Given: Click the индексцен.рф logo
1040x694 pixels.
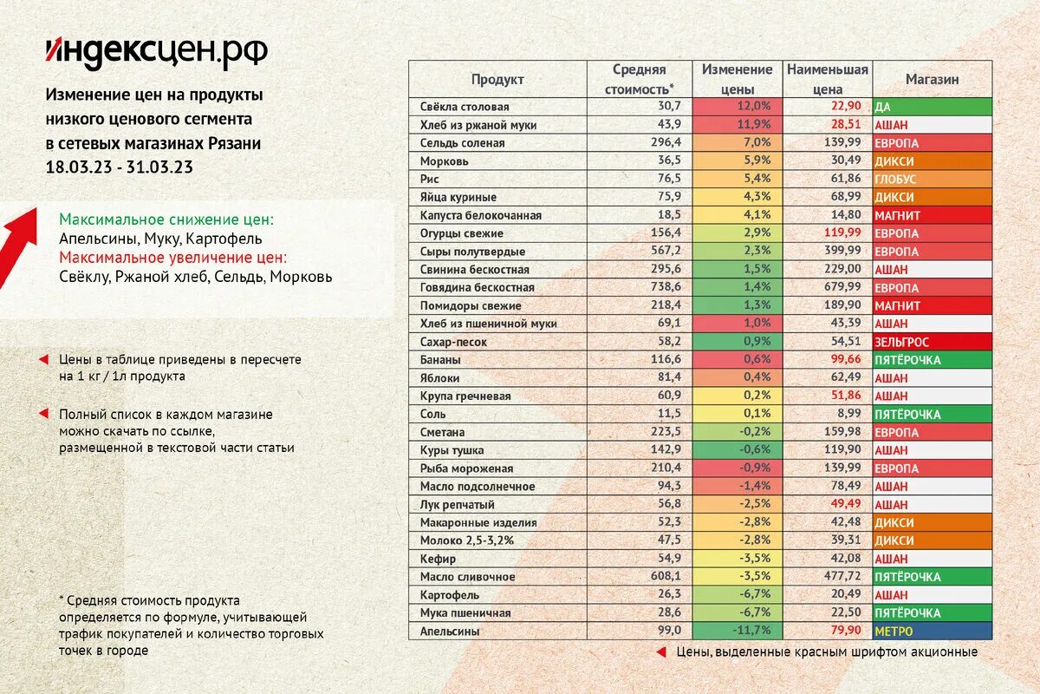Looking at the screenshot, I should point(157,53).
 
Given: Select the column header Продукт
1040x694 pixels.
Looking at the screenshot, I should point(497,80).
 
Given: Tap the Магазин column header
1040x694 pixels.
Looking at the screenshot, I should point(933,80).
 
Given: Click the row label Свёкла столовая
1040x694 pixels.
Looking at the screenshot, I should point(465,107).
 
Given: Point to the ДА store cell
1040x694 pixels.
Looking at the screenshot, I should point(933,107).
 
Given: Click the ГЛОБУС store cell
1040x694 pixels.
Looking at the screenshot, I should point(933,179).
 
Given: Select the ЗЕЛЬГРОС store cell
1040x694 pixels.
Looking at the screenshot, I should point(933,342).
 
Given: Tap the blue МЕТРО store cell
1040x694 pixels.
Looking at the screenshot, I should point(933,632).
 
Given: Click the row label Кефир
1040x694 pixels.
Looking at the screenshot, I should point(439,559).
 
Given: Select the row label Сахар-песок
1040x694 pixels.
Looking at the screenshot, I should point(453,342).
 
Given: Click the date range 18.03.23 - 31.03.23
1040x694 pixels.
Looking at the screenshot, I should point(119,167).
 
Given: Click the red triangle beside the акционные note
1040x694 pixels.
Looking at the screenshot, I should point(660,651).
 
